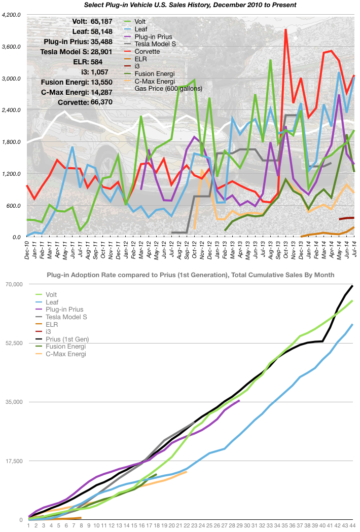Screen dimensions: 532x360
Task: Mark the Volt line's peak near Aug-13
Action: click(x=271, y=61)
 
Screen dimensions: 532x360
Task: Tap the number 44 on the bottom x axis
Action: click(x=352, y=525)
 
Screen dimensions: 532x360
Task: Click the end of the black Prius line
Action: click(x=352, y=286)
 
